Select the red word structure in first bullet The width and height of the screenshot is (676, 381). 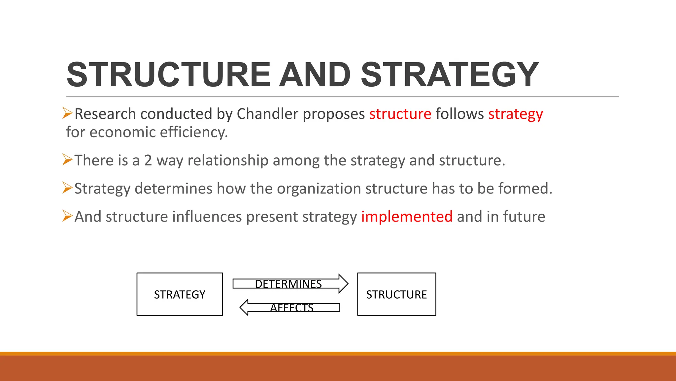tap(400, 114)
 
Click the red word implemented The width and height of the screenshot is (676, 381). tap(407, 217)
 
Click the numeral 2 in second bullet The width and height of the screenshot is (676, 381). tap(148, 160)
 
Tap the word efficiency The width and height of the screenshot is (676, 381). tap(194, 132)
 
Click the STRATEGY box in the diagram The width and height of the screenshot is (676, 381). tap(180, 294)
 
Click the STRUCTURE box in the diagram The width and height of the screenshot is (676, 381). tap(396, 294)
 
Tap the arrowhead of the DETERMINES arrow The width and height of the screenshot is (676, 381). tap(343, 284)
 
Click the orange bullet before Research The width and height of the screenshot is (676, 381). tap(67, 113)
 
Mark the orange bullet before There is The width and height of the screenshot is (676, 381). tap(67, 160)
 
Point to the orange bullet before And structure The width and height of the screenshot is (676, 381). tap(67, 216)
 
